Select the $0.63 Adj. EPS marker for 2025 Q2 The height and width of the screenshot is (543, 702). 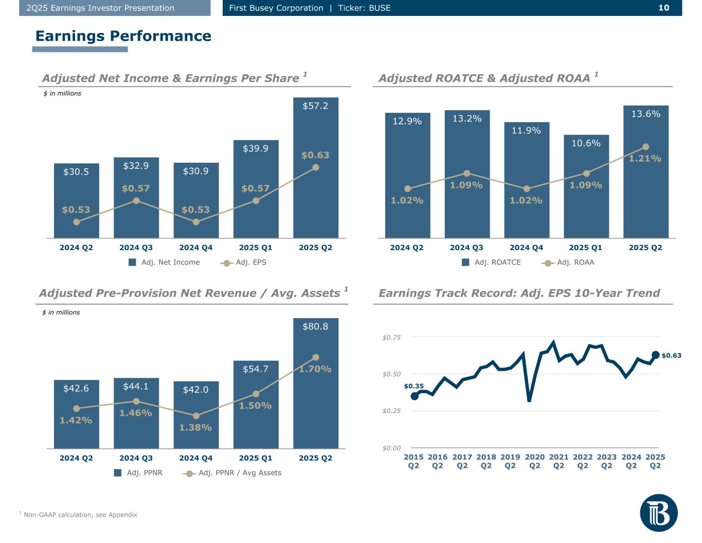[x=316, y=167]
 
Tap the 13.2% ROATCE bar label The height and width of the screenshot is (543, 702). [x=467, y=119]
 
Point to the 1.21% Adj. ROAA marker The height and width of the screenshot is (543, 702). [x=646, y=147]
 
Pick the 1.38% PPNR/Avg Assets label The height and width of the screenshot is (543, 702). [x=196, y=427]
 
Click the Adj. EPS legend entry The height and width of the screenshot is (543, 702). [x=244, y=262]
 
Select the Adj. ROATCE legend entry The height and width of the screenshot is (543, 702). [x=491, y=262]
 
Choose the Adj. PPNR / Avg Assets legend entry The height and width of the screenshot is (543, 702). [x=234, y=473]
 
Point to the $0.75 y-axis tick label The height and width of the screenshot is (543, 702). [x=391, y=337]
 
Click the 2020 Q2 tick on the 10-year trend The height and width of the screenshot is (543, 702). [x=535, y=461]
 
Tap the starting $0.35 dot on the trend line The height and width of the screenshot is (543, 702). [x=415, y=396]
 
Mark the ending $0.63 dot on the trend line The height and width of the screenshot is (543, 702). [x=655, y=355]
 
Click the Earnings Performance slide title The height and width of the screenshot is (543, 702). [x=123, y=36]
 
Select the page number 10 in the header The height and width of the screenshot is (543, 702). [x=664, y=8]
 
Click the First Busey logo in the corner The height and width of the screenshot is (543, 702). [x=659, y=513]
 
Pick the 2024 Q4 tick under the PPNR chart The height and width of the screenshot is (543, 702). [x=196, y=458]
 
